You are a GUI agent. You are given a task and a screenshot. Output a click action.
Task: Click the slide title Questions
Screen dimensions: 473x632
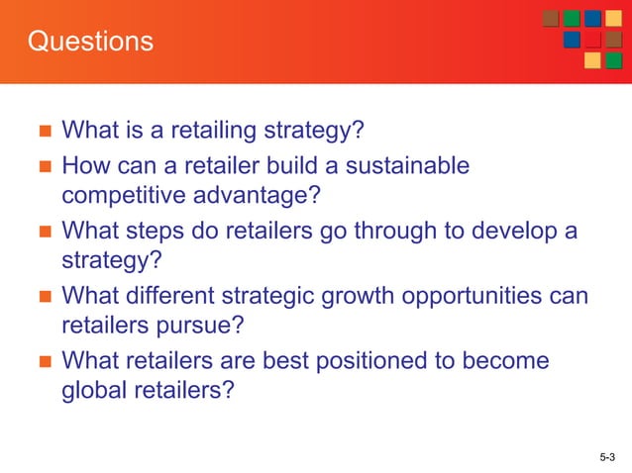(x=90, y=42)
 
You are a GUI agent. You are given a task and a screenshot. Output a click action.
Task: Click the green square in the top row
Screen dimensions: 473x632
(x=572, y=19)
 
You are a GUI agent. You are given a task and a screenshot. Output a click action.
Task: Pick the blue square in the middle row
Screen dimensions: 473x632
(x=572, y=40)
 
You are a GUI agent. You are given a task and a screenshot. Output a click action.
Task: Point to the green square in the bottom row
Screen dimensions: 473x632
(x=613, y=60)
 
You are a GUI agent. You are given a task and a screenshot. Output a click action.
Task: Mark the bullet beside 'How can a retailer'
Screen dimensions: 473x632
(x=42, y=166)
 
